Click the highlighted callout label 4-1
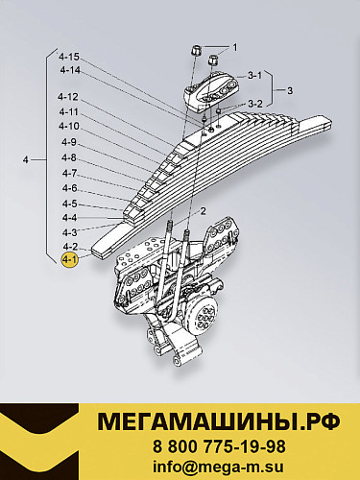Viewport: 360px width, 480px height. point(69,259)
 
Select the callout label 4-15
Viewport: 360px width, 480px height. point(69,57)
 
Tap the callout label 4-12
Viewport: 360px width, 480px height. point(69,98)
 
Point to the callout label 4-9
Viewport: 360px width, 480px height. point(69,143)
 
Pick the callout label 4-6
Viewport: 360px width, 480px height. point(69,188)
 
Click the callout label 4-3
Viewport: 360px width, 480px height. point(69,232)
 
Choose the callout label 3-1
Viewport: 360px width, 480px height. point(254,74)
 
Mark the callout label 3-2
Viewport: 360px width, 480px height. point(254,104)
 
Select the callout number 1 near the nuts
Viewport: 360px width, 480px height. point(233,47)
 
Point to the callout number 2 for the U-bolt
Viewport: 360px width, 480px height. point(203,209)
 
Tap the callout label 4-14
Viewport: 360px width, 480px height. point(69,70)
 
